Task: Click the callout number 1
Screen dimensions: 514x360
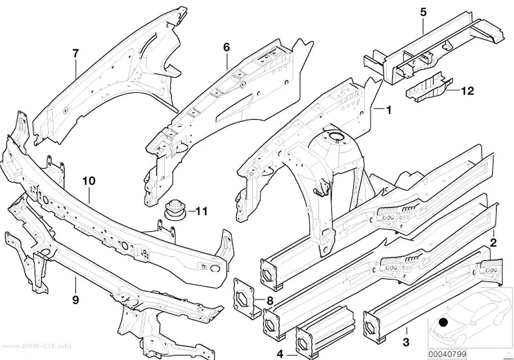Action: tap(389, 110)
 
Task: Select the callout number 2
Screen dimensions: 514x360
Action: tap(493, 242)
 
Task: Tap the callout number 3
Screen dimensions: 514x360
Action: tap(406, 343)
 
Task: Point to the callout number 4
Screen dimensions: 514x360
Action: tap(280, 355)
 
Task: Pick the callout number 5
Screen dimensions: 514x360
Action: tap(423, 12)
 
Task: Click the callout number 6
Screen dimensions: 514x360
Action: tap(227, 48)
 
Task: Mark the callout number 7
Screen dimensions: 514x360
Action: tap(75, 53)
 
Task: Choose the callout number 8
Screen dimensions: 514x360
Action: tap(270, 301)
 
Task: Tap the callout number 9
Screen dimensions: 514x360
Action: tap(76, 300)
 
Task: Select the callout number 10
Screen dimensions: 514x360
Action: tap(89, 181)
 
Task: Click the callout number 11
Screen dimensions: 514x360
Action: tap(202, 211)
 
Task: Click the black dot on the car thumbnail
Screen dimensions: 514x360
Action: tap(444, 323)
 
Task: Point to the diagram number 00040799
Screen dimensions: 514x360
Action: tap(447, 354)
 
